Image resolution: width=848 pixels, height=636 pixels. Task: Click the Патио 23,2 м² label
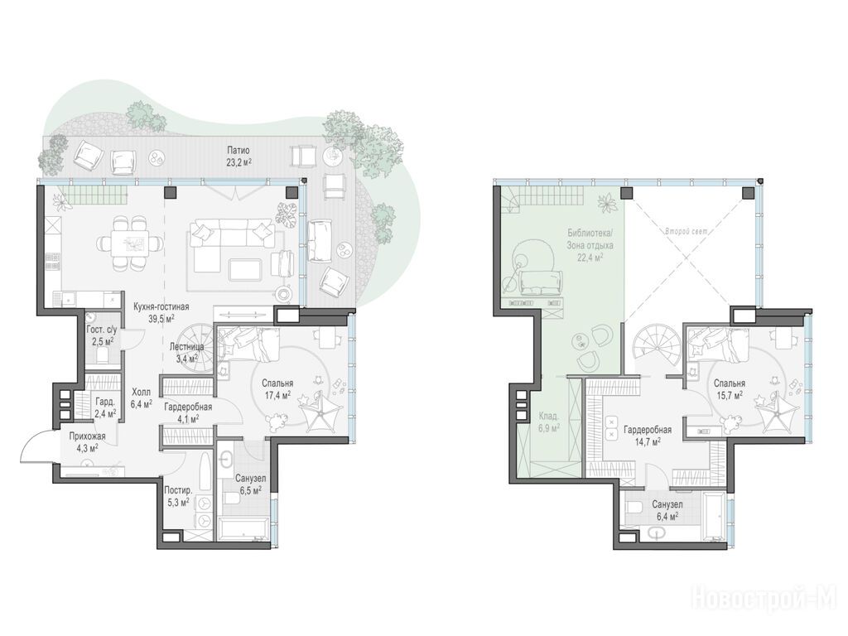click(x=238, y=156)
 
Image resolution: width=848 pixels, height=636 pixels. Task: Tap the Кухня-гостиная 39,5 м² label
click(x=161, y=312)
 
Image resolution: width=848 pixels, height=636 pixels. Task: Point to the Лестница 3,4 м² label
click(x=186, y=352)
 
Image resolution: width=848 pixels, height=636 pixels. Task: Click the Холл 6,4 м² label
click(x=141, y=397)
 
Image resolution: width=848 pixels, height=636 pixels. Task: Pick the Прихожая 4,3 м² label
click(x=87, y=441)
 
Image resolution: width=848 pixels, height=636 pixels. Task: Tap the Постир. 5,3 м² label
click(x=178, y=497)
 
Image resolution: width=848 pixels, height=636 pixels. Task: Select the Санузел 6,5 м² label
click(x=250, y=484)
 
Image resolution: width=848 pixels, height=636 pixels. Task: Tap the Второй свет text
click(x=687, y=232)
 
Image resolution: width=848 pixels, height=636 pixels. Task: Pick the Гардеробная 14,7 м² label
click(x=648, y=436)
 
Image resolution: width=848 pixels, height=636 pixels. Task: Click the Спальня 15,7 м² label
click(x=729, y=389)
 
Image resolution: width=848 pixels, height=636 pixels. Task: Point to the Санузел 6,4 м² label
click(x=667, y=510)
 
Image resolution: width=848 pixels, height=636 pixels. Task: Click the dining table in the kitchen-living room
click(x=130, y=243)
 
